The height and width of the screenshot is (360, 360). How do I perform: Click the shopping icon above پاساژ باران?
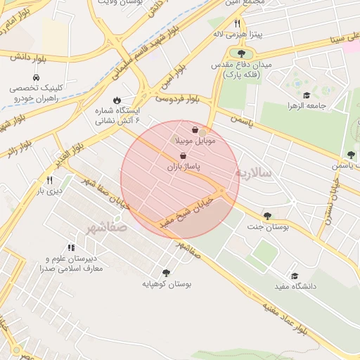click(x=183, y=156)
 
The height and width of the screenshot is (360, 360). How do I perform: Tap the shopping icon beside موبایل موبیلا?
click(x=195, y=130)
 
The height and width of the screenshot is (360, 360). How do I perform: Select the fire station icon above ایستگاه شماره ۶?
click(x=117, y=101)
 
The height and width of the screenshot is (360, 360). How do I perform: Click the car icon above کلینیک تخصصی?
click(x=35, y=77)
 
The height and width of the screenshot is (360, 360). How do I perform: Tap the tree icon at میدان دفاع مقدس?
click(x=241, y=53)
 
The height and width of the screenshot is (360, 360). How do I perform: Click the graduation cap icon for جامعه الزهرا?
click(x=306, y=95)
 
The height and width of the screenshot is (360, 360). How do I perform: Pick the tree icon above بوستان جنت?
click(x=266, y=216)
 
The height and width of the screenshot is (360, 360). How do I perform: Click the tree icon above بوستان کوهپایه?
click(x=166, y=273)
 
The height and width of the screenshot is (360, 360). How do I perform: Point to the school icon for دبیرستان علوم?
click(x=70, y=247)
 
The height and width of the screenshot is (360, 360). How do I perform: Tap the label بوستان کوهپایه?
click(x=167, y=284)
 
